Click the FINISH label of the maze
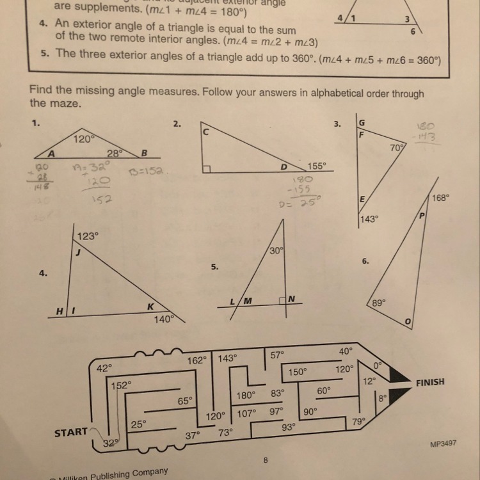tap(430, 383)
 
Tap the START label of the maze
tap(71, 432)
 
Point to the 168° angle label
tap(441, 198)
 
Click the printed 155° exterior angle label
tap(316, 164)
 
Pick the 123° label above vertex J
tap(88, 236)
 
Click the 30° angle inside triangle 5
tap(276, 252)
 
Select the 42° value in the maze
tap(104, 368)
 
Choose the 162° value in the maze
tap(197, 360)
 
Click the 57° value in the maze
tap(277, 354)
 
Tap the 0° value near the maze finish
tap(378, 365)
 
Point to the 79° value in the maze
tap(358, 421)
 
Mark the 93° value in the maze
tap(289, 426)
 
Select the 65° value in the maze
tap(185, 401)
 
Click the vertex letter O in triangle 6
tap(406, 321)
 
